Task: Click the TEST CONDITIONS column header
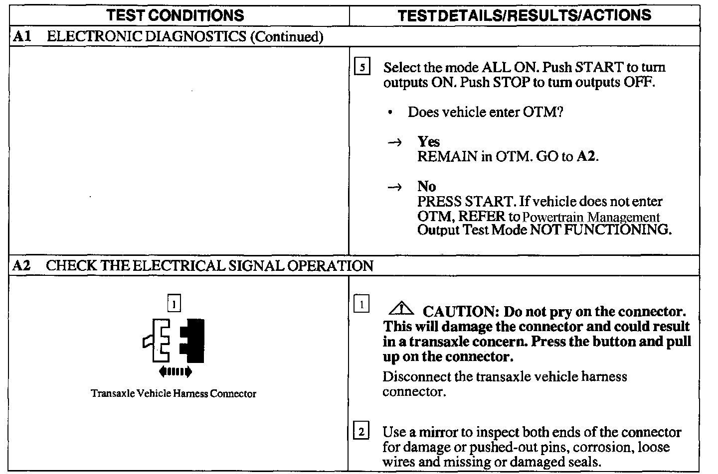tap(176, 15)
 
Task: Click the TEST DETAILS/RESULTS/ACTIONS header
tap(525, 15)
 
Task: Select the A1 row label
tap(20, 36)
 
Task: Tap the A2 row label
tap(21, 265)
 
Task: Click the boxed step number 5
tap(361, 67)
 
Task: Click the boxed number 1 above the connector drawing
tap(174, 303)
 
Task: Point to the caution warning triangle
tap(401, 310)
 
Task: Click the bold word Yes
tap(428, 142)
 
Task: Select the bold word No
tap(426, 187)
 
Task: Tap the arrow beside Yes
tap(394, 143)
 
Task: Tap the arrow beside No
tap(394, 188)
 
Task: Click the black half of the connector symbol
tap(193, 341)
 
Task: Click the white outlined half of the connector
tap(158, 341)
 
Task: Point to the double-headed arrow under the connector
tap(175, 371)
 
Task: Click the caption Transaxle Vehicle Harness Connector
tap(174, 394)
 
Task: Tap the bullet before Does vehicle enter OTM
tap(390, 113)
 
